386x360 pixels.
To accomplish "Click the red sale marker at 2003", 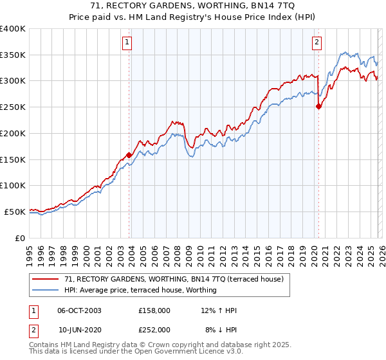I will point(129,155).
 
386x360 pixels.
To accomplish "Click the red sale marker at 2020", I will point(318,107).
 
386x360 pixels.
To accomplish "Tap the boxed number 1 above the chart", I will point(127,43).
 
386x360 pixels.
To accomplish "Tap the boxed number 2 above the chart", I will point(317,43).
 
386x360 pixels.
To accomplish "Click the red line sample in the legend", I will point(46,279).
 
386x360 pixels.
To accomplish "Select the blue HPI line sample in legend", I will point(46,290).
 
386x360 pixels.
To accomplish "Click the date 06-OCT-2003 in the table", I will point(79,310).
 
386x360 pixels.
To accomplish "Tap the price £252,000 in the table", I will point(154,329).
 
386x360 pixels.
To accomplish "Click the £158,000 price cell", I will point(154,310).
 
